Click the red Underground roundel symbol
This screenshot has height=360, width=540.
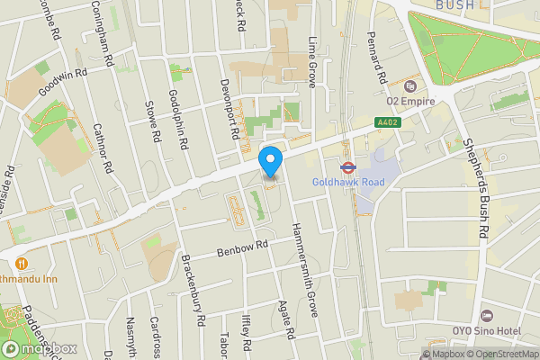(345, 166)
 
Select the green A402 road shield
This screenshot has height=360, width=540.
(387, 122)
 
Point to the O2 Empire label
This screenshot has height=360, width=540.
(410, 102)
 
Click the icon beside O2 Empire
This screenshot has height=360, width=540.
(410, 86)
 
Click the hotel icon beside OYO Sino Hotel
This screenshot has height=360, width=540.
(487, 316)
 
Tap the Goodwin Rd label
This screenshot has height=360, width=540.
(63, 81)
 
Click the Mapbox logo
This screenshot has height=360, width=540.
(38, 348)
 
